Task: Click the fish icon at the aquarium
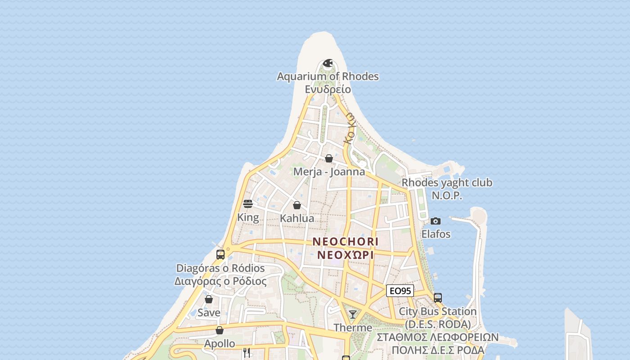pyautogui.click(x=328, y=63)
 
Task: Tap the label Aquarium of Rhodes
pyautogui.click(x=328, y=76)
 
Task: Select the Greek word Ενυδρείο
pyautogui.click(x=328, y=89)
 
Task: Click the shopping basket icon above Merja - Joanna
pyautogui.click(x=329, y=158)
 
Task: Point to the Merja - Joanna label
pyautogui.click(x=329, y=171)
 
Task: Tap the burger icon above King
pyautogui.click(x=248, y=204)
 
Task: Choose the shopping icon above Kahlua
pyautogui.click(x=297, y=205)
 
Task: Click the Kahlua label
pyautogui.click(x=297, y=218)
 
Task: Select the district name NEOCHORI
pyautogui.click(x=346, y=242)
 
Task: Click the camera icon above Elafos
pyautogui.click(x=435, y=221)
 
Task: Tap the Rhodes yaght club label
pyautogui.click(x=447, y=183)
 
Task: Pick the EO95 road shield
pyautogui.click(x=400, y=291)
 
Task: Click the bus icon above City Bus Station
pyautogui.click(x=437, y=297)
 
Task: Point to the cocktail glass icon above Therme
pyautogui.click(x=353, y=314)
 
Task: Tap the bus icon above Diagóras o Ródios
pyautogui.click(x=220, y=254)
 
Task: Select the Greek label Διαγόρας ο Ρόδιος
pyautogui.click(x=220, y=281)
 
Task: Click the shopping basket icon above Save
pyautogui.click(x=209, y=299)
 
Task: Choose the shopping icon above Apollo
pyautogui.click(x=220, y=330)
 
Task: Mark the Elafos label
pyautogui.click(x=436, y=234)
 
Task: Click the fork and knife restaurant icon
pyautogui.click(x=247, y=353)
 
